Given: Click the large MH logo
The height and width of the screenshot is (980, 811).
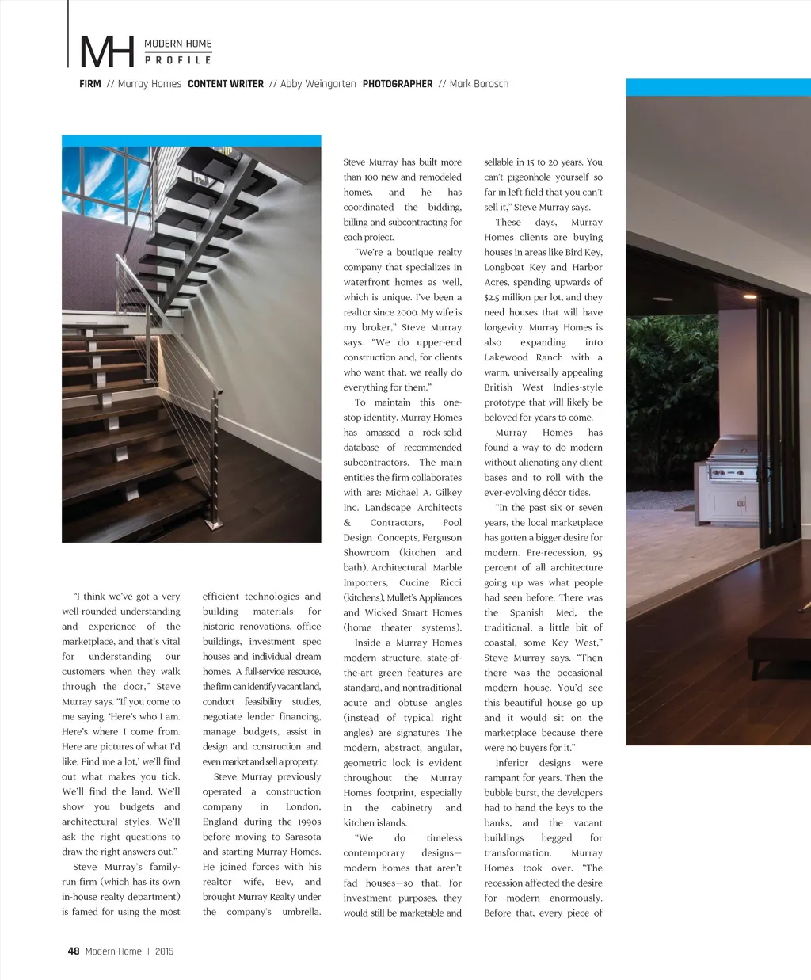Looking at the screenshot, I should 107,51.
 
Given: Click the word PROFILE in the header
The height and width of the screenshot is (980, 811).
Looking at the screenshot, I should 178,60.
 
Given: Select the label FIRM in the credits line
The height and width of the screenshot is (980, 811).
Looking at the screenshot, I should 89,84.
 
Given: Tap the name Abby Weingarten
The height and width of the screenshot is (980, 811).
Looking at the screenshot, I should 318,84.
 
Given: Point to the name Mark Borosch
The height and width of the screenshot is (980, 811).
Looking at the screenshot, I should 478,84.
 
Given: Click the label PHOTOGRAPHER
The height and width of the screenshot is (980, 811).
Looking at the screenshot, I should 397,84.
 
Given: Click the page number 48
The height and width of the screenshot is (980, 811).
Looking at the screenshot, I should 74,951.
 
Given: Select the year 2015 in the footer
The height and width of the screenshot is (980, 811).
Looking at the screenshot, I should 164,951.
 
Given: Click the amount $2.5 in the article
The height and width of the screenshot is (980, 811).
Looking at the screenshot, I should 492,298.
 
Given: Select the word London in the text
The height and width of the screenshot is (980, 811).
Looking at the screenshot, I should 303,807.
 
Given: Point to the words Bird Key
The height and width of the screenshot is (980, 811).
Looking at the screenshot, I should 584,253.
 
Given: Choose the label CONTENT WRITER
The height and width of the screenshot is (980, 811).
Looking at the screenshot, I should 226,84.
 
